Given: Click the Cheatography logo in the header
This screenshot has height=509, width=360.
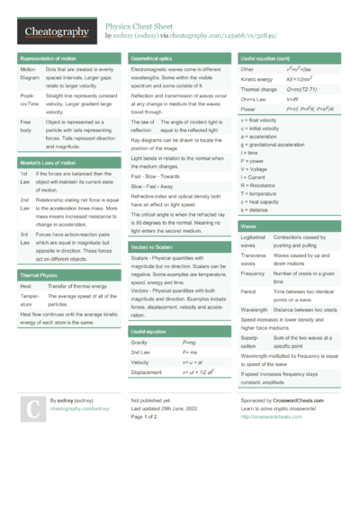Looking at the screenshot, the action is pyautogui.click(x=56, y=31).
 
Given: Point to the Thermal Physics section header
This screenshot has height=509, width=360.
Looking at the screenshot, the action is pyautogui.click(x=40, y=274).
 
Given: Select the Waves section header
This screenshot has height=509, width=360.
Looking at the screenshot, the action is pyautogui.click(x=250, y=227).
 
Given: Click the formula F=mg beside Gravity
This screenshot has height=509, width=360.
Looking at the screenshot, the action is pyautogui.click(x=190, y=343).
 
